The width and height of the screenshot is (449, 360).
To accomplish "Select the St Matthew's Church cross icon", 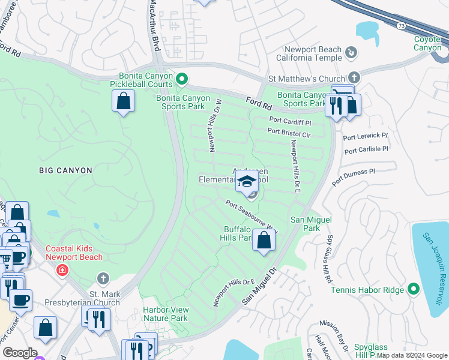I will pyautogui.click(x=354, y=78).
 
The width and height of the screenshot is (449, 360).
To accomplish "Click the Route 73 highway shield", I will pyautogui.click(x=400, y=26).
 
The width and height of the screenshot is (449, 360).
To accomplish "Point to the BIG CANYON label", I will pyautogui.click(x=66, y=170).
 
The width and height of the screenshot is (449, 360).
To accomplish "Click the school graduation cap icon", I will pyautogui.click(x=247, y=181).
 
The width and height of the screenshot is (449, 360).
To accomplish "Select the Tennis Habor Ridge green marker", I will pyautogui.click(x=413, y=290).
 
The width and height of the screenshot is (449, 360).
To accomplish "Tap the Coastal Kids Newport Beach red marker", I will pyautogui.click(x=61, y=271).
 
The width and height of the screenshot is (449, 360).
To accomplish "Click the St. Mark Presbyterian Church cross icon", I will pyautogui.click(x=103, y=278).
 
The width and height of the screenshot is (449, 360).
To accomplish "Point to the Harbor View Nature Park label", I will pyautogui.click(x=165, y=314).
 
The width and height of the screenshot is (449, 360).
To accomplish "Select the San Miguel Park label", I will pyautogui.click(x=311, y=224).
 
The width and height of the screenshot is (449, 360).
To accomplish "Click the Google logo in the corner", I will pyautogui.click(x=20, y=353).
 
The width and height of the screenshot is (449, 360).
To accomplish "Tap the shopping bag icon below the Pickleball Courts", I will pyautogui.click(x=123, y=102).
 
